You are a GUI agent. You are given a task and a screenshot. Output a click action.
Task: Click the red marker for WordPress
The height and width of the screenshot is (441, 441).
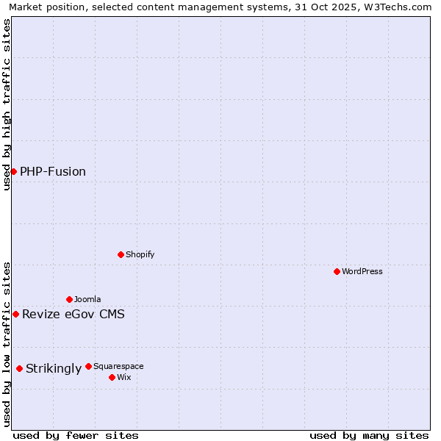pos(337,271)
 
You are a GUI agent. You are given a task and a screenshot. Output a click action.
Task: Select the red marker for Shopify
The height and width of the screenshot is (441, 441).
pos(121,254)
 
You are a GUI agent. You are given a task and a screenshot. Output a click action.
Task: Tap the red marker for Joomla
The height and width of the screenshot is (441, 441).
pos(69,299)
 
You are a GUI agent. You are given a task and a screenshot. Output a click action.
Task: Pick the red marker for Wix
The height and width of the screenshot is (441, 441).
pos(112,377)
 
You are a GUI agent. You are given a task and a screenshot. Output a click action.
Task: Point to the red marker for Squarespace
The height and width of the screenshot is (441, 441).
pos(88,366)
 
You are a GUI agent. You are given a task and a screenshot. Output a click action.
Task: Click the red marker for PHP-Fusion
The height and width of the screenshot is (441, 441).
pos(13,171)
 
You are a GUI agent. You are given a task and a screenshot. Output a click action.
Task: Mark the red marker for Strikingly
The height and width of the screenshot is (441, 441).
pos(19,368)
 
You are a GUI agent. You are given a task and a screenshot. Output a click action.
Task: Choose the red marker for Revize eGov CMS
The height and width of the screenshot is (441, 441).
pos(15,314)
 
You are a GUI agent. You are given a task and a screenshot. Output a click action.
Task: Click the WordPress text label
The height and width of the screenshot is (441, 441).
pos(362,271)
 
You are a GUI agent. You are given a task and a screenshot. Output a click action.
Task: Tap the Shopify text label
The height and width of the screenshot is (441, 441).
pos(140,254)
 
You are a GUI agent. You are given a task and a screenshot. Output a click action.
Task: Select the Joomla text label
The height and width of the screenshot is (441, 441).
pos(87,299)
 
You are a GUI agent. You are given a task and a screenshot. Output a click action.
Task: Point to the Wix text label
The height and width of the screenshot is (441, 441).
pos(123,377)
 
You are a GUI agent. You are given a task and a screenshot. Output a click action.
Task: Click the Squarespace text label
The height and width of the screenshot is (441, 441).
pos(118,366)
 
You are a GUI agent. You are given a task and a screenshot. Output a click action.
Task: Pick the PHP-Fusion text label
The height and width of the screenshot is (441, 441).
pos(53,172)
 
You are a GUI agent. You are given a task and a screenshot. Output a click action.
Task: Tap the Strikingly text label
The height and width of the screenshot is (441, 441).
pos(54,369)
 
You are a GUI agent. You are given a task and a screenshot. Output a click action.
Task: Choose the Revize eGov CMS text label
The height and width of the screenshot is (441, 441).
pos(73,315)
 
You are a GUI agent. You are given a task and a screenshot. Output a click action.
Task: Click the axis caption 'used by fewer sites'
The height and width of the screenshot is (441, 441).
pos(76,435)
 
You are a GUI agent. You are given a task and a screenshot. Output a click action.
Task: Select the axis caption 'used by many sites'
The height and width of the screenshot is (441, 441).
pos(369,435)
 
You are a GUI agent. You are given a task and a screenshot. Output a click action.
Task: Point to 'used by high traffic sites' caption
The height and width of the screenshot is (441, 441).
pos(7,104)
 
